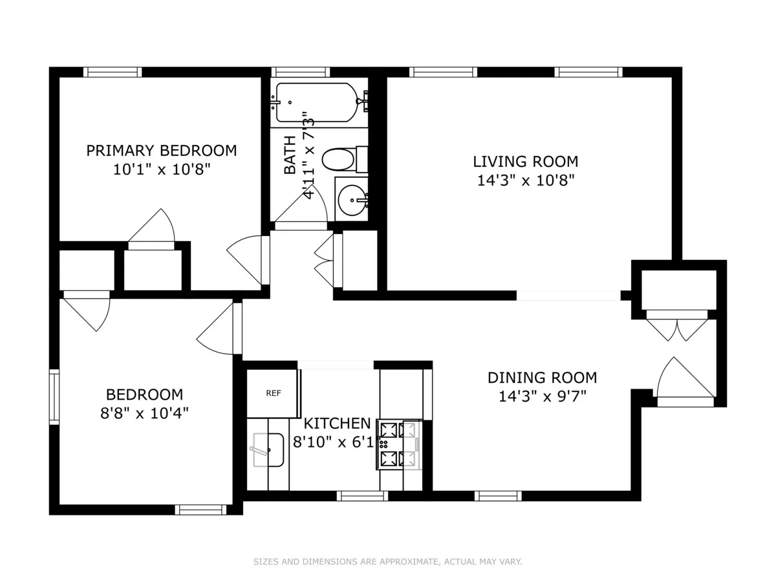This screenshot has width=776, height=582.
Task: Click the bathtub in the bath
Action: tap(317, 102)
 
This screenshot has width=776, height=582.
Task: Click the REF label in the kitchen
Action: tap(273, 393)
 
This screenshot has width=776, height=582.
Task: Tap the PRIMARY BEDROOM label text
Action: tap(162, 151)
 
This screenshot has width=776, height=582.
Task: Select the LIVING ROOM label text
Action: tap(525, 162)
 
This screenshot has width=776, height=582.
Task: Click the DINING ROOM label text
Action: tap(542, 377)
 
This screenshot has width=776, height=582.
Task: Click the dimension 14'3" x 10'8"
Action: tap(525, 180)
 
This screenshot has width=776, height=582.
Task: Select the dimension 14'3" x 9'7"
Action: tap(542, 395)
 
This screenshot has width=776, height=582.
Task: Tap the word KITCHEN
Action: tap(337, 424)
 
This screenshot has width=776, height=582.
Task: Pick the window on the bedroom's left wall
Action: tap(54, 396)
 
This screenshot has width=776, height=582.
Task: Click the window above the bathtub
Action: tap(300, 72)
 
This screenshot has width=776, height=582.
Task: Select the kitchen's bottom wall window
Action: tap(362, 496)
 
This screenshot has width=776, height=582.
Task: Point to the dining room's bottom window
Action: tap(497, 496)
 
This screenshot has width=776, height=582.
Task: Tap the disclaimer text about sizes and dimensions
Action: tap(387, 562)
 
